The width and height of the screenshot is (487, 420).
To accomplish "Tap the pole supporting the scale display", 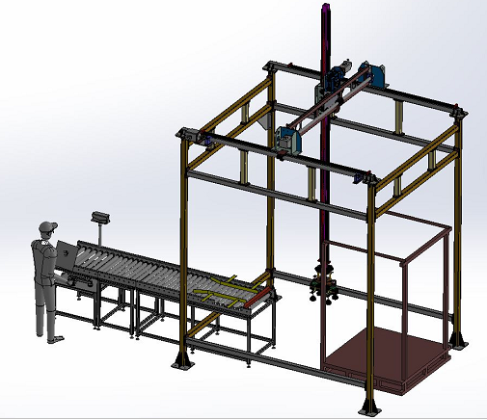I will tap(100, 234).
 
